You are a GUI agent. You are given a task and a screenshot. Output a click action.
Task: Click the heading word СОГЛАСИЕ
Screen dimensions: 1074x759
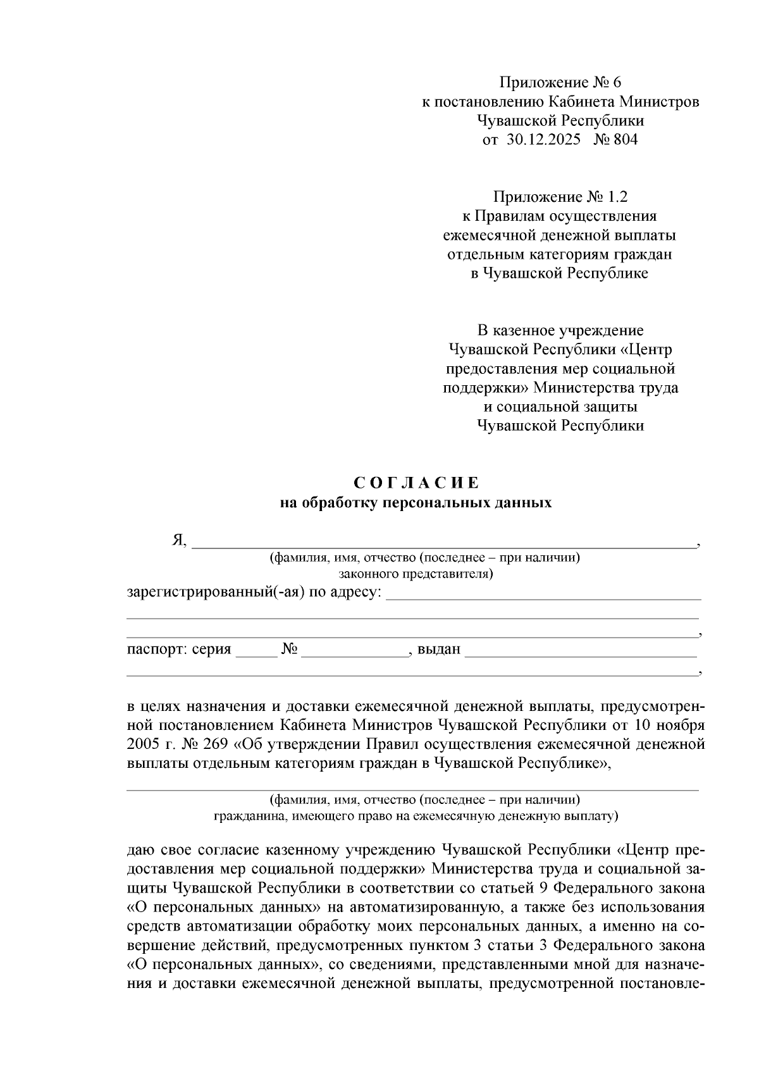click(417, 484)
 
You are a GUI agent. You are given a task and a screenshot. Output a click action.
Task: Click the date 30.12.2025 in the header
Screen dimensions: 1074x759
click(543, 140)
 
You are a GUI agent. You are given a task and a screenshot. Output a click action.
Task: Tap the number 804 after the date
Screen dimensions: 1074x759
click(625, 140)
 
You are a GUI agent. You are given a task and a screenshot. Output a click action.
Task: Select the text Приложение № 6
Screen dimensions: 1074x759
click(560, 83)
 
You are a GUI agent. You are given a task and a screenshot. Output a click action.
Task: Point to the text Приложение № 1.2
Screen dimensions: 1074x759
click(560, 197)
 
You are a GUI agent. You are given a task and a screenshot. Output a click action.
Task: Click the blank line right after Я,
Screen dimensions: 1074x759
click(443, 541)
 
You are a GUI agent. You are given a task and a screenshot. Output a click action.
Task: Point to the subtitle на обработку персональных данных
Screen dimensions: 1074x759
click(416, 503)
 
